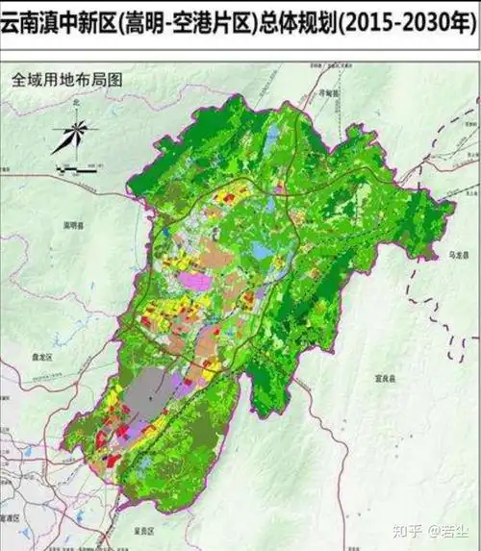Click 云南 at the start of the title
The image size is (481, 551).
16,20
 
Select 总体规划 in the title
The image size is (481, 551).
307,20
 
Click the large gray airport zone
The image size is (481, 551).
154,395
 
